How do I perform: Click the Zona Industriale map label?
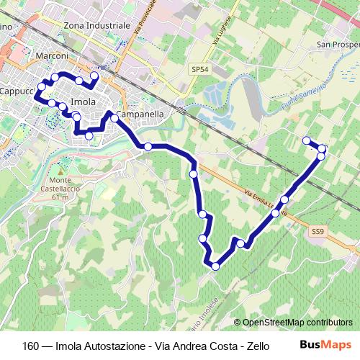tap(97, 24)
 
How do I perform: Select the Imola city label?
tap(83, 102)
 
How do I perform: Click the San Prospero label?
tap(338, 45)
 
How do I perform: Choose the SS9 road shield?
tap(319, 231)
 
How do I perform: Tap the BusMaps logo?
tap(327, 344)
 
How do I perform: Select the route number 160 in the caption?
tap(31, 345)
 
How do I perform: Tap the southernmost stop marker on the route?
tap(215, 267)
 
